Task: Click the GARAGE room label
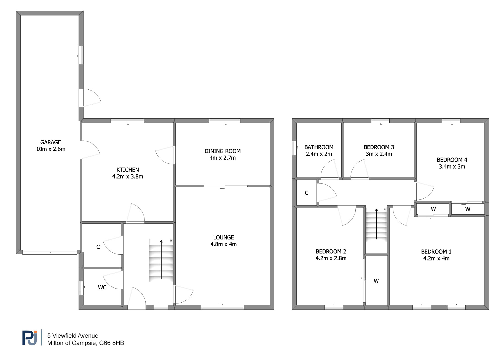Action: pos(51,142)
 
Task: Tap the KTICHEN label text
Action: pos(128,170)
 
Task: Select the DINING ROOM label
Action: pos(222,151)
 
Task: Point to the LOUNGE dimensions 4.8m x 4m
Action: pos(224,244)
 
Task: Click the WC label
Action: pos(102,287)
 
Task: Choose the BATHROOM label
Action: pos(319,147)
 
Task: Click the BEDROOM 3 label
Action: pos(379,147)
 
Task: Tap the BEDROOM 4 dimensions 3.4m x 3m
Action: pos(452,167)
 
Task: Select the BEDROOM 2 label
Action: pos(331,252)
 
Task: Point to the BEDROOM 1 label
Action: pos(436,252)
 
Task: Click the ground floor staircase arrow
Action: pos(161,259)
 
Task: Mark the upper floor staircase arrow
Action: pos(376,224)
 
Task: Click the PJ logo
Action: pos(30,338)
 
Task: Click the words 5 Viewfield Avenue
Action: pos(73,336)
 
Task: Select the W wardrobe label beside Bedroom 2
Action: pos(376,281)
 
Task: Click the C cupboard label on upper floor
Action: pos(307,193)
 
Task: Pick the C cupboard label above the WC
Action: pos(98,247)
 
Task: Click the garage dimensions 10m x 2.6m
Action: pos(51,149)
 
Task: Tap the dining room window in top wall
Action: pos(225,121)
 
